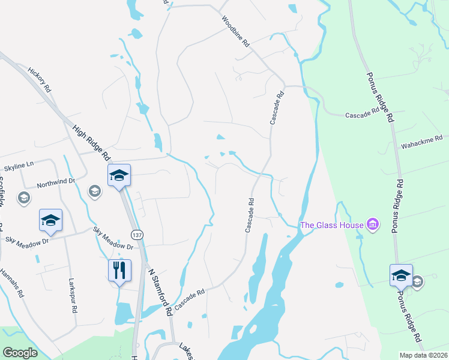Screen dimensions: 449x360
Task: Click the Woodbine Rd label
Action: tap(235, 32)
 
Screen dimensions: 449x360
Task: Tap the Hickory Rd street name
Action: tap(40, 83)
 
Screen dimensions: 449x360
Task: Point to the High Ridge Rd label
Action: tap(92, 142)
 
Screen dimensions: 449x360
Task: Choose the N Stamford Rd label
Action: tap(160, 292)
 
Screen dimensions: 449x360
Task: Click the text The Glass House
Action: tap(332, 225)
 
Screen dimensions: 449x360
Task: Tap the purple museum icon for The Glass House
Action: tap(373, 225)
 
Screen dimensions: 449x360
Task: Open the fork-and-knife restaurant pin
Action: tap(119, 270)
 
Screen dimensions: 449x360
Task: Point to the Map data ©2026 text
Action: tap(423, 355)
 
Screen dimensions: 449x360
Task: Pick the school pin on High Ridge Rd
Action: tap(119, 175)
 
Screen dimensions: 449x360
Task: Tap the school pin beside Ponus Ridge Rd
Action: tap(400, 275)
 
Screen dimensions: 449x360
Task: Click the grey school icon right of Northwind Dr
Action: tap(94, 191)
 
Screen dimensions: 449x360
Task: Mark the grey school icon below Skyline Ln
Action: tap(24, 198)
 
